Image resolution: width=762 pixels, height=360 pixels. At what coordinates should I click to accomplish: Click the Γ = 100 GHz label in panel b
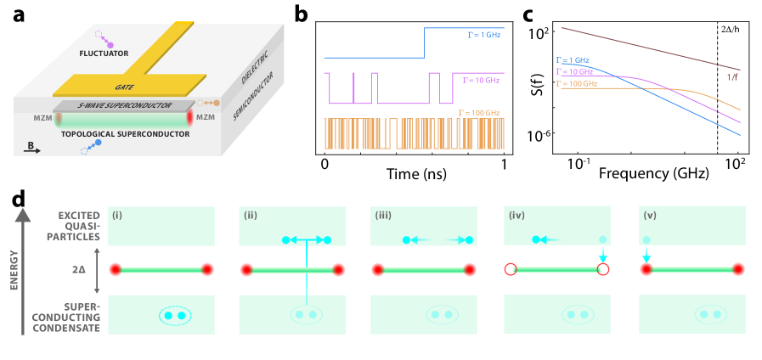[481, 111]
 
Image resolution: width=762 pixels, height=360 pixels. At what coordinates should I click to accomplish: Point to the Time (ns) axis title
[415, 177]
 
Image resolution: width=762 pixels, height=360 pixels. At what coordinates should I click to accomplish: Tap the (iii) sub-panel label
[384, 214]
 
